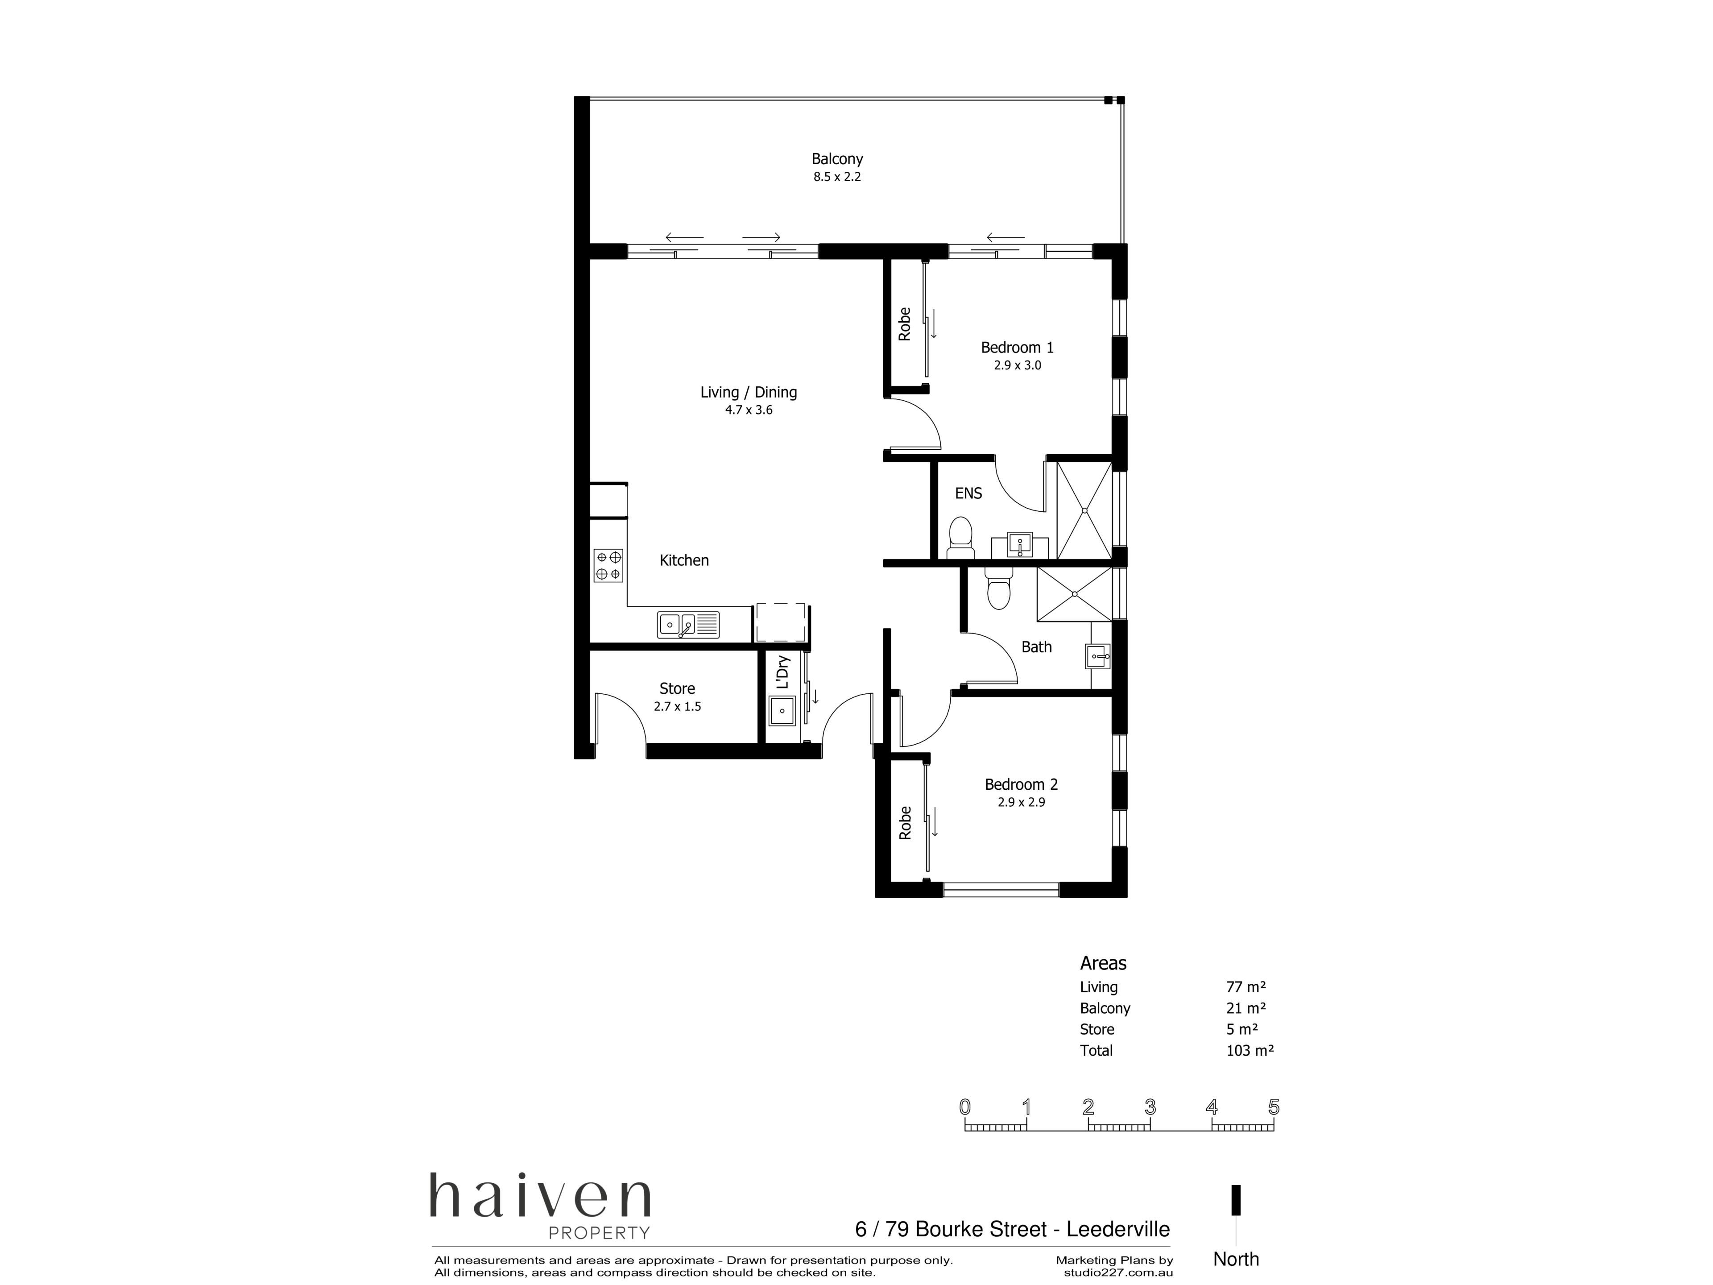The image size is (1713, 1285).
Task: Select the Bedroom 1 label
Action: pos(1017,348)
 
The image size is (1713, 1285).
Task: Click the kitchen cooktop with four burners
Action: pos(608,565)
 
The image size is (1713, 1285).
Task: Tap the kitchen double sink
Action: pos(688,624)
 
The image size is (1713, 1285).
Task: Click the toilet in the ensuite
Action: pos(960,538)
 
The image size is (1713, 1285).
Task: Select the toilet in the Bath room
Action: pos(998,589)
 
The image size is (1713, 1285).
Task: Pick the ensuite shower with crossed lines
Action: pos(1084,510)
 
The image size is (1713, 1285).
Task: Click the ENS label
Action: pos(968,493)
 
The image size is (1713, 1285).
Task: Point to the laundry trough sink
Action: pos(782,710)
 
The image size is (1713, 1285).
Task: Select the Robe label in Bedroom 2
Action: pos(905,823)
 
